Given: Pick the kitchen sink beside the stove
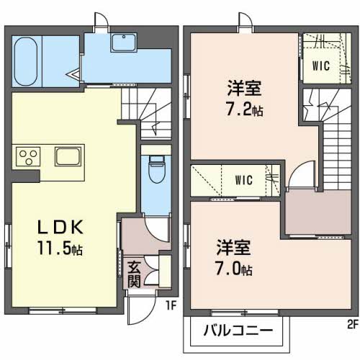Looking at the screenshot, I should click(x=68, y=157).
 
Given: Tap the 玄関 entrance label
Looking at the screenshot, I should click(x=134, y=274).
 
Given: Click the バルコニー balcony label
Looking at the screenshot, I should click(x=238, y=332).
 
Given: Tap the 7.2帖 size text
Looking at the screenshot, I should click(x=242, y=112).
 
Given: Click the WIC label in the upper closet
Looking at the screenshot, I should click(x=320, y=66).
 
